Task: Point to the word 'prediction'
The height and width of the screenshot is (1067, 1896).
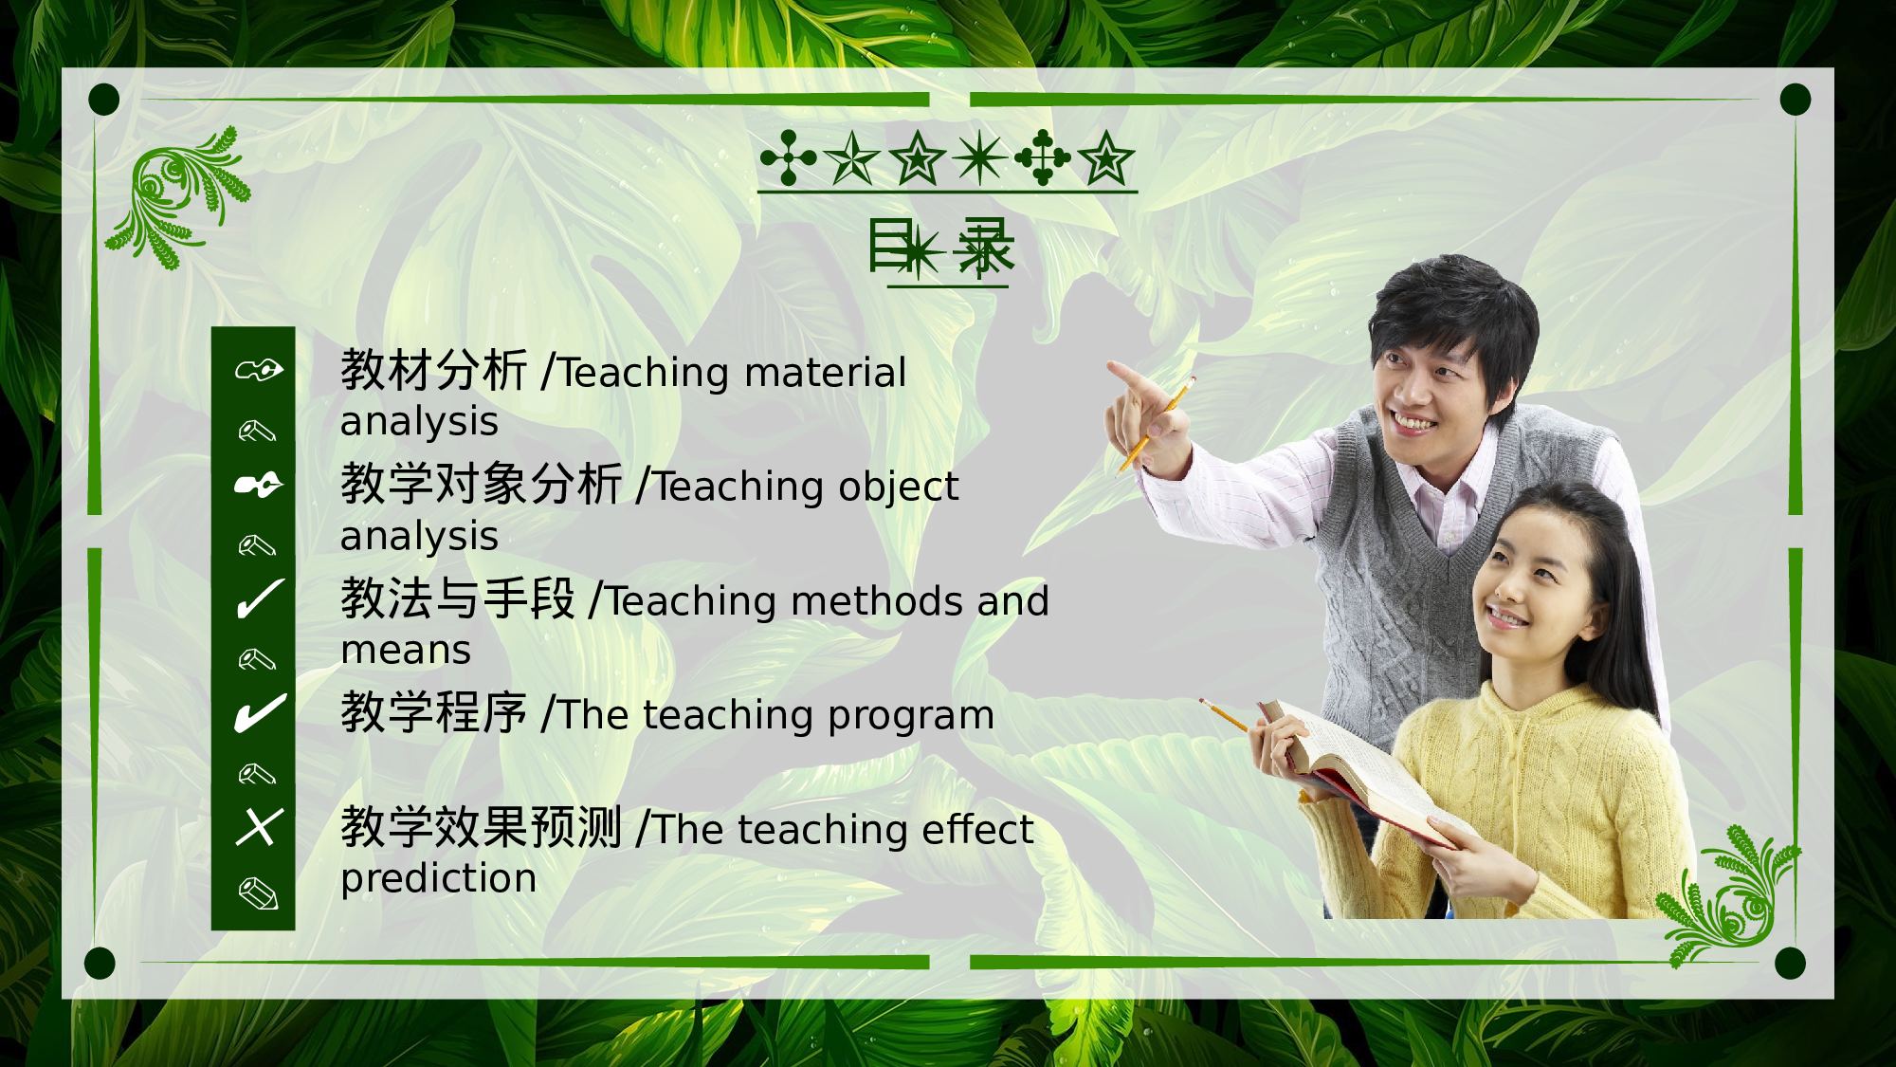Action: [x=438, y=879]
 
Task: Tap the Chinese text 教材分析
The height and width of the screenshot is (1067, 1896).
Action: [x=433, y=370]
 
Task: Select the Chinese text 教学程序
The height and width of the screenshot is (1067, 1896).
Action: [x=433, y=712]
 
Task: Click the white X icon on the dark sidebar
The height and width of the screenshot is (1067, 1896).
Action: [x=259, y=827]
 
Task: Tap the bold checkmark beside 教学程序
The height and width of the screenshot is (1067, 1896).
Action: [x=259, y=713]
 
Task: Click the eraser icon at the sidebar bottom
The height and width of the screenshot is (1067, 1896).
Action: [x=258, y=893]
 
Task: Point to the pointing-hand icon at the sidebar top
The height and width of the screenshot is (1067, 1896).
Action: [x=259, y=370]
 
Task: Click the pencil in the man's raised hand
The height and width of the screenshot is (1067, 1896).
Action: [x=1158, y=423]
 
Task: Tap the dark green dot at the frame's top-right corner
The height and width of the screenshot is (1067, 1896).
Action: [x=1795, y=100]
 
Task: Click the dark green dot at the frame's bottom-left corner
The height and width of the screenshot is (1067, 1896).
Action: [x=100, y=963]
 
